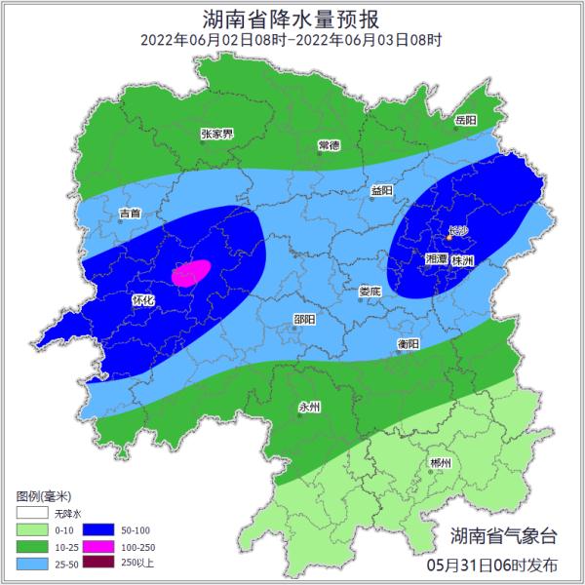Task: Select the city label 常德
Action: tap(329, 145)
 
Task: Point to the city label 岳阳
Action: tap(466, 120)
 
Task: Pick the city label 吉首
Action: tap(130, 213)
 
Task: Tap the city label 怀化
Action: tap(142, 301)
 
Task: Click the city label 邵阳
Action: tap(304, 319)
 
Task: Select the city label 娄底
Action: tap(370, 291)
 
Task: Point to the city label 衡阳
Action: tap(409, 344)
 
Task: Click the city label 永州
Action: tap(309, 408)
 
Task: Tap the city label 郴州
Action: tap(441, 463)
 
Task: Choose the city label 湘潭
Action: tap(437, 261)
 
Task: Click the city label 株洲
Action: tap(462, 261)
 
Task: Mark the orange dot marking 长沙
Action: tap(449, 236)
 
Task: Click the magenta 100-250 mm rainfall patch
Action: tap(191, 272)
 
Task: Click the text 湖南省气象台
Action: tap(504, 535)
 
